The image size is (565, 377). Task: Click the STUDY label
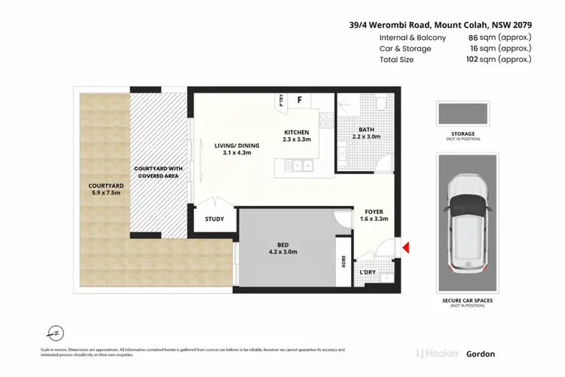pyautogui.click(x=215, y=219)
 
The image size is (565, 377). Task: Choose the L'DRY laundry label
pyautogui.click(x=368, y=272)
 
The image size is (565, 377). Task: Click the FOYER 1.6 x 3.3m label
pyautogui.click(x=374, y=216)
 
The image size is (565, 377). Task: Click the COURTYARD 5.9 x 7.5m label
pyautogui.click(x=101, y=189)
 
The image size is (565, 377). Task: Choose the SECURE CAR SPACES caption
pyautogui.click(x=466, y=302)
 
